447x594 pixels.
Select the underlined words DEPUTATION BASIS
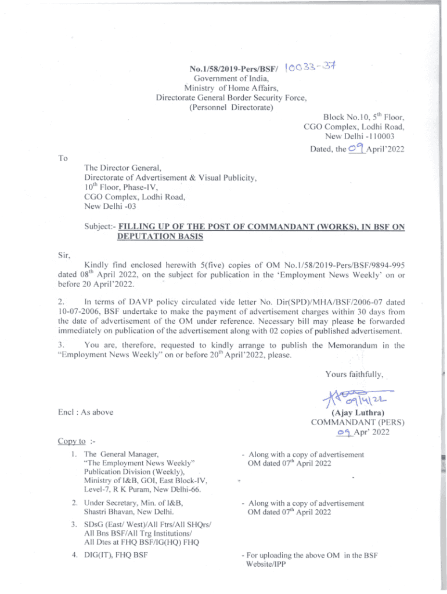tap(156, 237)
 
